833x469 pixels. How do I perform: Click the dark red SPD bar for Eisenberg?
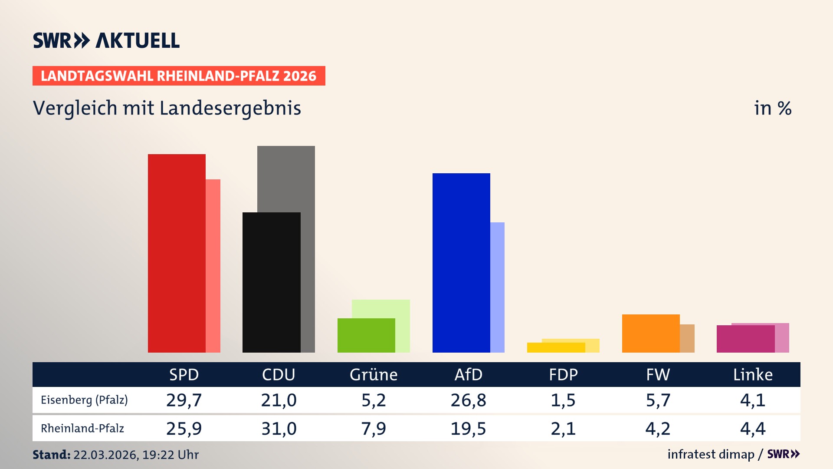(x=177, y=253)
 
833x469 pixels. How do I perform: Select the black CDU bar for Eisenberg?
(x=271, y=282)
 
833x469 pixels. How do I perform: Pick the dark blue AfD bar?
(x=461, y=263)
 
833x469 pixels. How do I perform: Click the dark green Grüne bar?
(x=366, y=335)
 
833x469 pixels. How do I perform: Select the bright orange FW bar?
(x=651, y=333)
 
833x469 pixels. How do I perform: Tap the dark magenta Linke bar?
(x=745, y=339)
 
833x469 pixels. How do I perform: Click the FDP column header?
(x=563, y=375)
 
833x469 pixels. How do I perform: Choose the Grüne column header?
(x=374, y=375)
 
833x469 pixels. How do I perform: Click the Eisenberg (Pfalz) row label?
(x=84, y=400)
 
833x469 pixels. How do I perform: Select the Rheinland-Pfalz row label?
(x=82, y=429)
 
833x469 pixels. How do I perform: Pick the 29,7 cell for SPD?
(x=184, y=400)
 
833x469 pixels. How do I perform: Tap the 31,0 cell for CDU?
(x=279, y=429)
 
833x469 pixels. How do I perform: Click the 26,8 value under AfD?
(x=468, y=400)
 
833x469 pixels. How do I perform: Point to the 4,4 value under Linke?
(x=753, y=429)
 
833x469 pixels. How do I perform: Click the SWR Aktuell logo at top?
(x=106, y=40)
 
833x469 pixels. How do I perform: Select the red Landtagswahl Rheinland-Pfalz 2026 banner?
(x=179, y=76)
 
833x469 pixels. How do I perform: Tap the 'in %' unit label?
(x=772, y=108)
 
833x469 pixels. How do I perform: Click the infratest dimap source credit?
(x=711, y=454)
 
